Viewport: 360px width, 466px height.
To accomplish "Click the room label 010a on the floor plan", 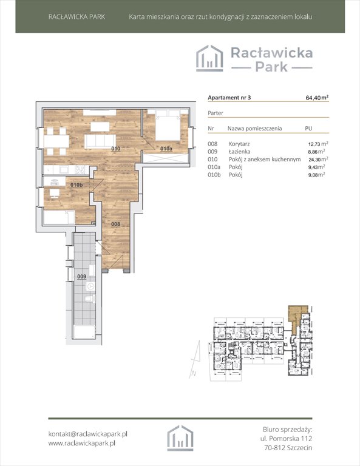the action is (x=166, y=149).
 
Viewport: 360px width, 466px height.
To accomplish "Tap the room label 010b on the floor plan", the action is (x=76, y=185).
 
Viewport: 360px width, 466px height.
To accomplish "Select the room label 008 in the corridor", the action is (x=115, y=224).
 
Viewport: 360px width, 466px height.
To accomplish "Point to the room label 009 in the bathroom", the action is (x=82, y=277).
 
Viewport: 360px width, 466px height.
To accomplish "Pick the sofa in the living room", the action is (x=100, y=141).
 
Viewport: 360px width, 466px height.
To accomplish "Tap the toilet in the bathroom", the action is (x=90, y=299).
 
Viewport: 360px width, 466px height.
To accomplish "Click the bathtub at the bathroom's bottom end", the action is (x=84, y=332).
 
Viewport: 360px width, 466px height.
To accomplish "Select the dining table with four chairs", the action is (x=56, y=141).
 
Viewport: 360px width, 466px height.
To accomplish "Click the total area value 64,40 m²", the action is (x=317, y=98).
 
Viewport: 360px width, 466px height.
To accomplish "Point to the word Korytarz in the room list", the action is (x=239, y=144).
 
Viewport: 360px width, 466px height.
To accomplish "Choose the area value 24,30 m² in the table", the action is (x=318, y=160).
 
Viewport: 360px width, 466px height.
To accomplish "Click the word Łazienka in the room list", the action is (x=239, y=152).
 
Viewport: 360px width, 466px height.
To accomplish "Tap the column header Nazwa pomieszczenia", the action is (x=255, y=129).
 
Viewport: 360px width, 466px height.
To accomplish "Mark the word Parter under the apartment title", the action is (x=216, y=113).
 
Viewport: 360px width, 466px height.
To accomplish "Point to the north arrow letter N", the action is (x=194, y=374).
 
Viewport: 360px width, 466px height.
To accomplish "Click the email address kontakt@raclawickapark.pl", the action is (x=87, y=434).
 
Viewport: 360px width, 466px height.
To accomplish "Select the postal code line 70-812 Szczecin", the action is (x=288, y=448).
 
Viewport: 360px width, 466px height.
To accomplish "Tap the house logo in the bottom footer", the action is (x=180, y=438).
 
